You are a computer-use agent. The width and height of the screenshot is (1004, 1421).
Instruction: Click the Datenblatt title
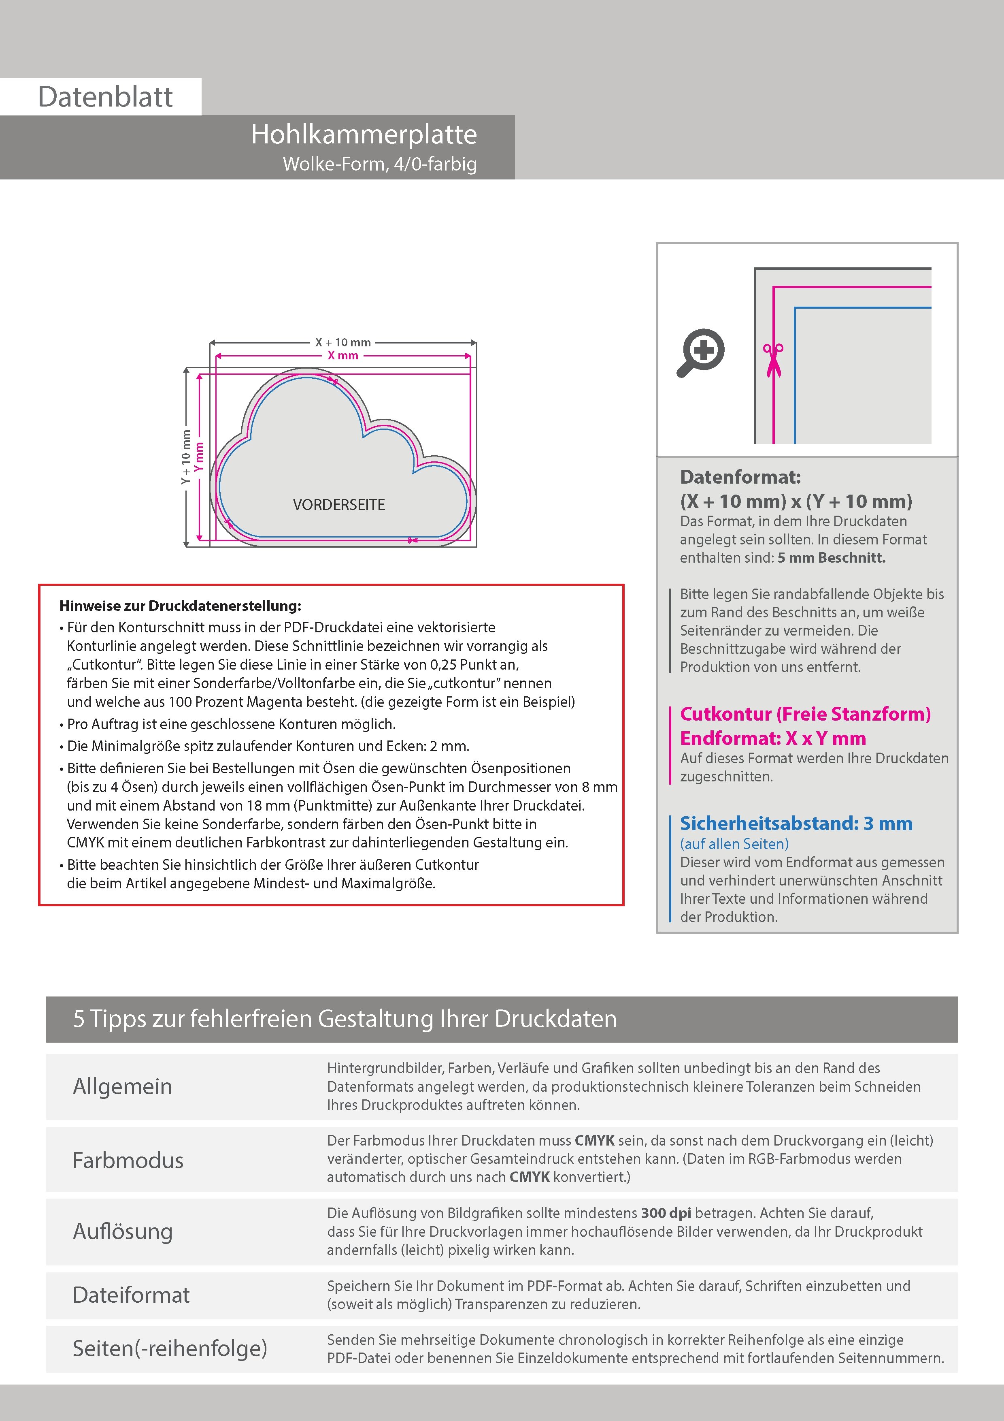click(x=105, y=96)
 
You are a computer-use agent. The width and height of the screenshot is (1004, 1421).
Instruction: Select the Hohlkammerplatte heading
click(x=364, y=134)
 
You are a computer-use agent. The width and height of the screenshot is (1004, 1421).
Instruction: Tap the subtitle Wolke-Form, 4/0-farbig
click(x=379, y=164)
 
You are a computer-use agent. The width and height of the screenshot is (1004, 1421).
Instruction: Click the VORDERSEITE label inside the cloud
click(x=339, y=504)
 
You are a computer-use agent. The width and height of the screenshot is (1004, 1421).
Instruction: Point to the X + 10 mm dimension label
click(x=343, y=342)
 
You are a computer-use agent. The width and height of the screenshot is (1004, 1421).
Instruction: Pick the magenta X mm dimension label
click(x=343, y=355)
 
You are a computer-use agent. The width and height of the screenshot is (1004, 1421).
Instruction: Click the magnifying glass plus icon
click(x=701, y=352)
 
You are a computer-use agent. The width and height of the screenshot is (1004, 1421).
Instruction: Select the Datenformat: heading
click(x=740, y=477)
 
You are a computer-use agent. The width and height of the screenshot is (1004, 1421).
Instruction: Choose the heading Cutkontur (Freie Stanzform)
click(x=805, y=714)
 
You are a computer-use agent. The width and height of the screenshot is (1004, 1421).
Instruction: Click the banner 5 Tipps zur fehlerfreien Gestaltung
click(x=345, y=1019)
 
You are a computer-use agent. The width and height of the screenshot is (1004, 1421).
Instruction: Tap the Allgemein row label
click(x=123, y=1086)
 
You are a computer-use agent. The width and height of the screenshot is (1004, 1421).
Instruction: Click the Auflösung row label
click(x=123, y=1231)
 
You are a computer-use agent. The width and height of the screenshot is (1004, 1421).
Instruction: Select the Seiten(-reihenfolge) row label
click(x=170, y=1348)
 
